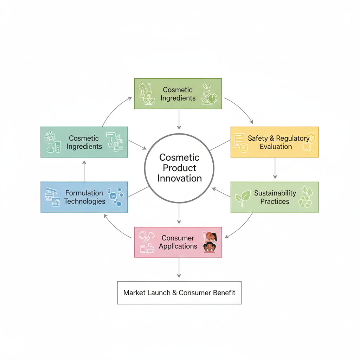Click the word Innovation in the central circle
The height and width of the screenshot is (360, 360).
pyautogui.click(x=179, y=178)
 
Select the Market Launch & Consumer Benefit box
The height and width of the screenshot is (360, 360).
pyautogui.click(x=179, y=292)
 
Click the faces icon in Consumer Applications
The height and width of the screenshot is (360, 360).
pyautogui.click(x=210, y=242)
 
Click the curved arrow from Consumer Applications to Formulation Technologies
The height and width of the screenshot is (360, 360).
pyautogui.click(x=116, y=229)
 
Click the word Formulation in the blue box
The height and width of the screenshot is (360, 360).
pyautogui.click(x=84, y=193)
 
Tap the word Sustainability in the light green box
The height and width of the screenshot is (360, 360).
pyautogui.click(x=275, y=193)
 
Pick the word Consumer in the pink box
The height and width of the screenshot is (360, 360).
pyautogui.click(x=178, y=238)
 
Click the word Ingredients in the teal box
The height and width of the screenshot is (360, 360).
pyautogui.click(x=84, y=146)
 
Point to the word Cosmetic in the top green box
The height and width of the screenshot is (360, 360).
pyautogui.click(x=178, y=90)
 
